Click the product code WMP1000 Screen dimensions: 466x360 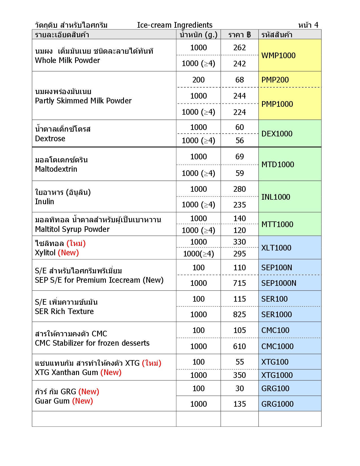click(278, 55)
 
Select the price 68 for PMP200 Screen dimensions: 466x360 click(239, 80)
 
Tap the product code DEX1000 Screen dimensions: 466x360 click(277, 134)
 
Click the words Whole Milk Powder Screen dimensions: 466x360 click(67, 60)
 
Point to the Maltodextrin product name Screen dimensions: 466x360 click(56, 169)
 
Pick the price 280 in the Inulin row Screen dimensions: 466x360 click(239, 189)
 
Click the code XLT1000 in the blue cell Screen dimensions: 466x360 click(276, 248)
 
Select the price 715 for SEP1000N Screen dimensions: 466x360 click(239, 283)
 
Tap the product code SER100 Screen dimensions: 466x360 click(274, 299)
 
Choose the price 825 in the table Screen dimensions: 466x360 click(239, 315)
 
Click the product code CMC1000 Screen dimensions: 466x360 click(277, 347)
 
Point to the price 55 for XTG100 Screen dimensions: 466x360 click(240, 362)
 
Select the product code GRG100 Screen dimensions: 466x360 click(275, 389)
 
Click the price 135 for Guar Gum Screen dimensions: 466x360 click(239, 404)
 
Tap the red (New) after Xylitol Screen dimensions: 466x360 click(68, 253)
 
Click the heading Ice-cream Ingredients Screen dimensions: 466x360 click(175, 25)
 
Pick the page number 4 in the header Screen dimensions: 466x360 click(316, 25)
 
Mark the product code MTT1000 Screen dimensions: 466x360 click(277, 225)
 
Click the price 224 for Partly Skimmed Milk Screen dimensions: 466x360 click(239, 112)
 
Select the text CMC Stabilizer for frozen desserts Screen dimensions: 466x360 click(92, 343)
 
